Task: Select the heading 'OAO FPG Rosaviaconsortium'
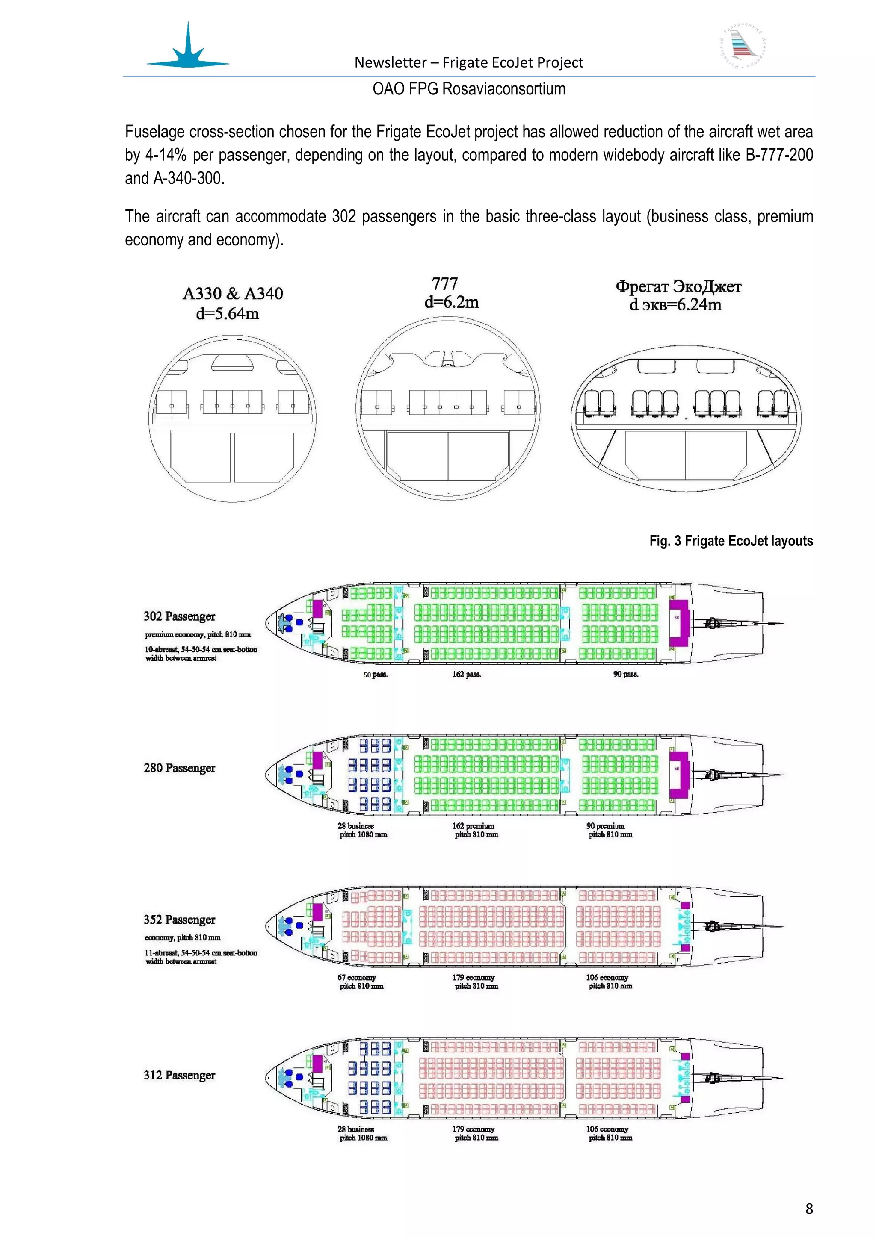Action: (469, 89)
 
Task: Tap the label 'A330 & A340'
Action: (233, 294)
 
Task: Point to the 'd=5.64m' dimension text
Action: (227, 314)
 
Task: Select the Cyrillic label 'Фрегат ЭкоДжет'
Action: (678, 286)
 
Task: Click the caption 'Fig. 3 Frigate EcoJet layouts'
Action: (731, 541)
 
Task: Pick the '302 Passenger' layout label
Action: (179, 616)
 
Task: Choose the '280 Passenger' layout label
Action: (179, 768)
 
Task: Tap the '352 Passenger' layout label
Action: (179, 920)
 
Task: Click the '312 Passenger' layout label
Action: (179, 1075)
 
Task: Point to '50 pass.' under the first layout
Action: (376, 675)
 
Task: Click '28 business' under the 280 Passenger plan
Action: (356, 826)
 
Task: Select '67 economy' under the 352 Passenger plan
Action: (357, 978)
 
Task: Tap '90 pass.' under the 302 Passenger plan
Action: (626, 674)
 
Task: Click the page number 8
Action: (808, 1209)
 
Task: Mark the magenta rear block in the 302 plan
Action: (680, 623)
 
